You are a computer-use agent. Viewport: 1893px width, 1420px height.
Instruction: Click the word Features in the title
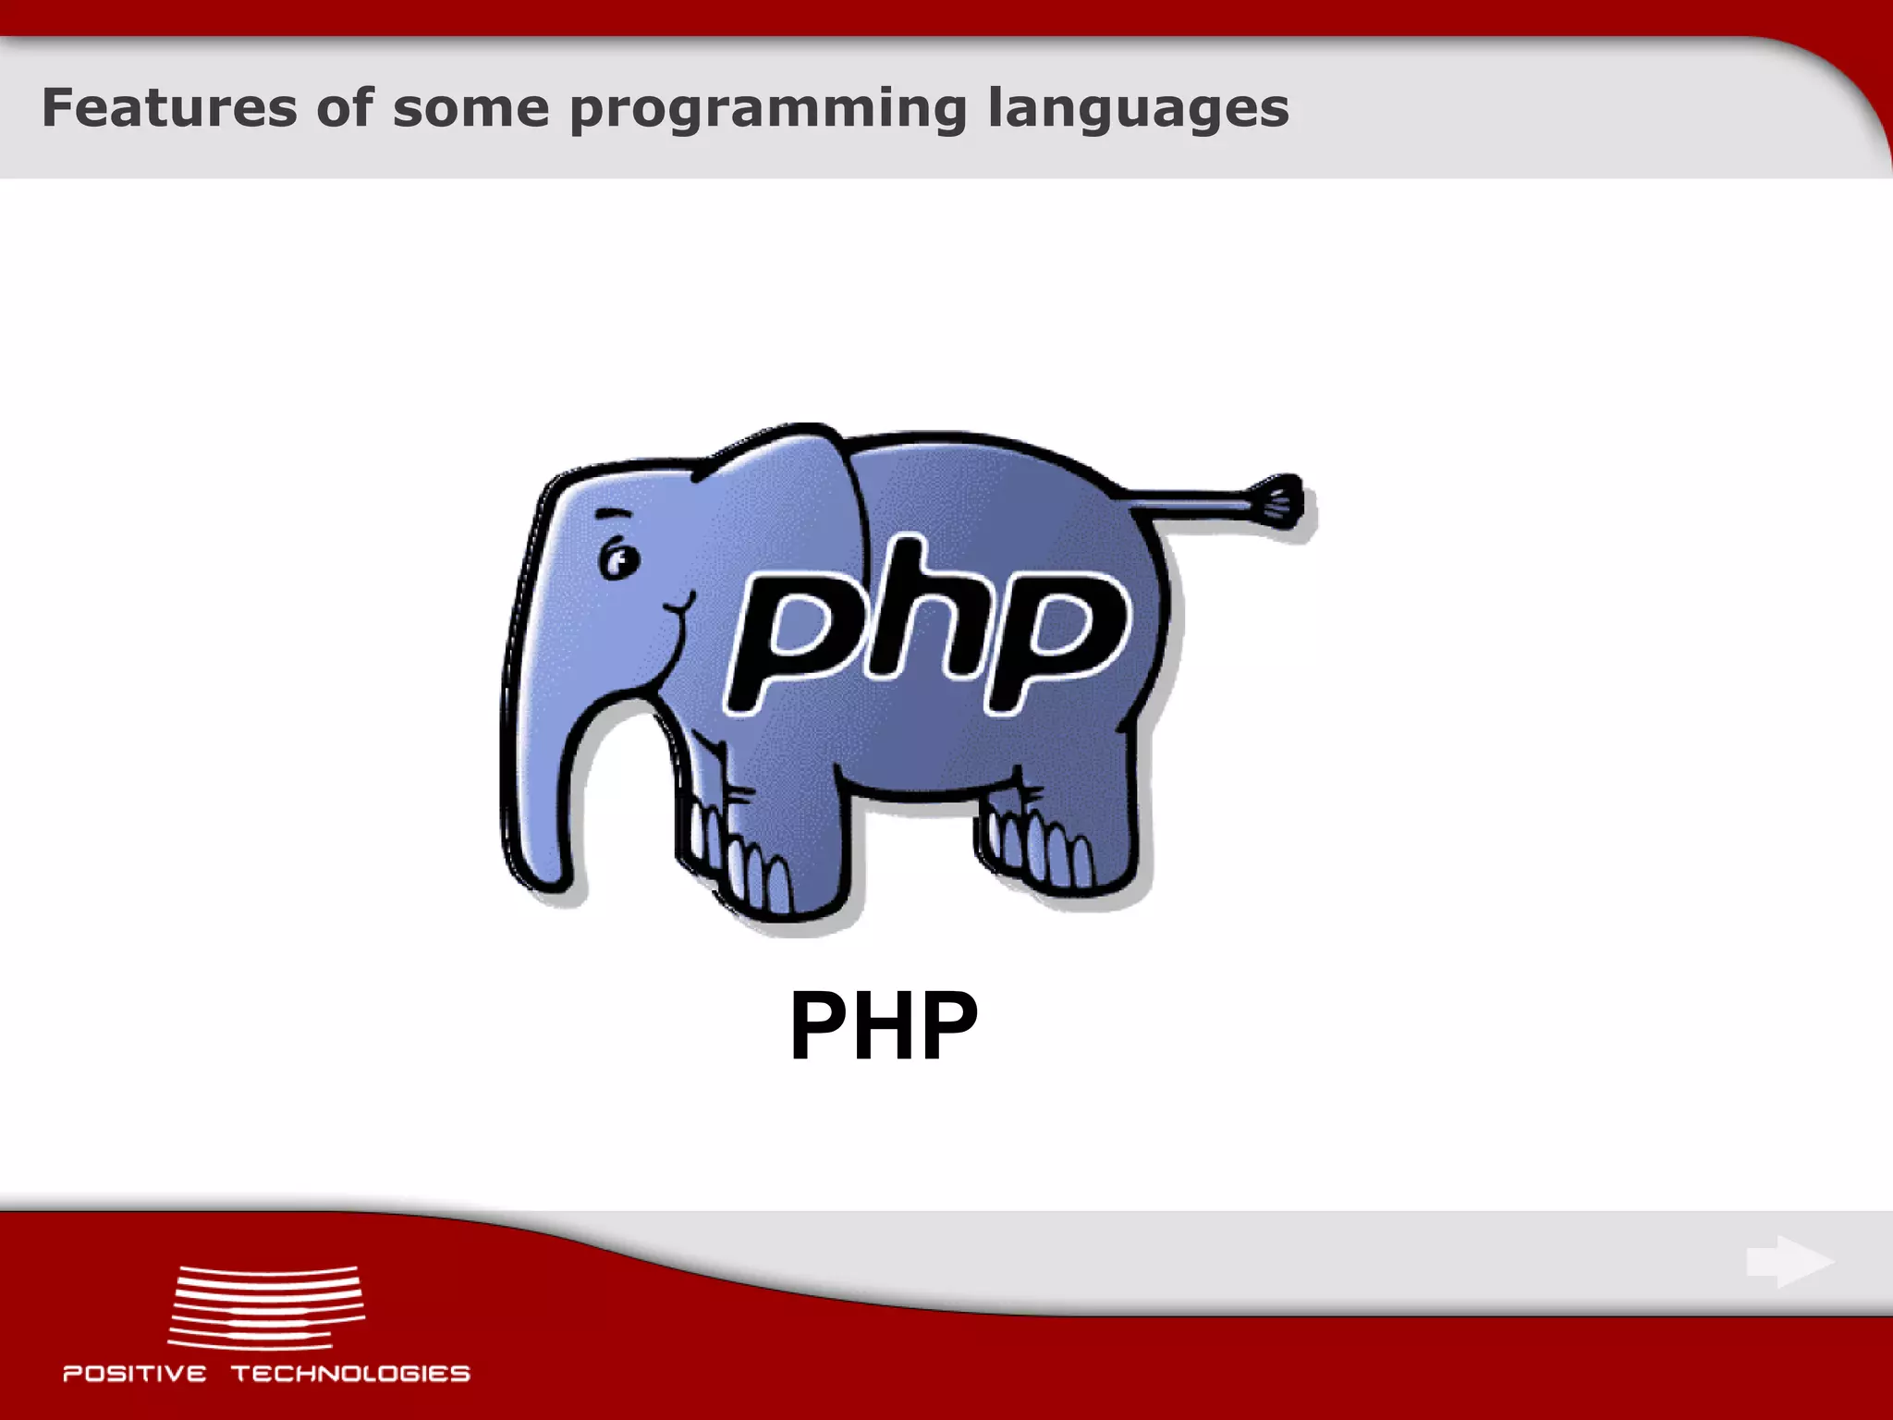(169, 108)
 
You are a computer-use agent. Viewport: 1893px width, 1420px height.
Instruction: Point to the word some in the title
(470, 108)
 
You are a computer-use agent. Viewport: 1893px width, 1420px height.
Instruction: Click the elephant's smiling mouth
(679, 608)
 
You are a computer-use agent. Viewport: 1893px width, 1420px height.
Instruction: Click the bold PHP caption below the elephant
(883, 1026)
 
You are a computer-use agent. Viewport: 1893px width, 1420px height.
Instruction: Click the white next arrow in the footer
(1789, 1262)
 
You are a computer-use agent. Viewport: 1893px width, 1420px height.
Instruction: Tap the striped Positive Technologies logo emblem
(267, 1306)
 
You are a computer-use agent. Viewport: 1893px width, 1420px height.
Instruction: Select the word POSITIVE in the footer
(135, 1374)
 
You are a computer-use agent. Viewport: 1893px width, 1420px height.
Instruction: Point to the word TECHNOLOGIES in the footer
(350, 1374)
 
